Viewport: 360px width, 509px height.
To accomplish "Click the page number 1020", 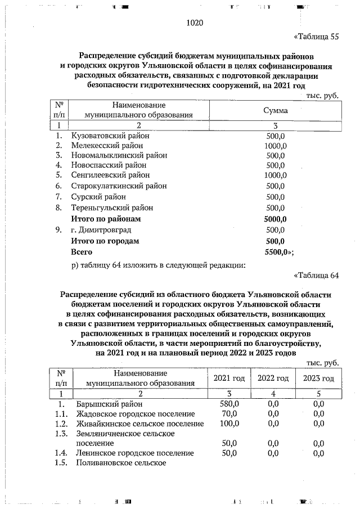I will pyautogui.click(x=193, y=23).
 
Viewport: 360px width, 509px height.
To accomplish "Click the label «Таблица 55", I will pyautogui.click(x=317, y=38).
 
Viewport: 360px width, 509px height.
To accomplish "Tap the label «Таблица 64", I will pyautogui.click(x=317, y=276).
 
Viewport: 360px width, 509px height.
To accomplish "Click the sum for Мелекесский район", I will pyautogui.click(x=276, y=145).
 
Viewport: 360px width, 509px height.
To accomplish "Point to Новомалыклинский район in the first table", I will pyautogui.click(x=119, y=155).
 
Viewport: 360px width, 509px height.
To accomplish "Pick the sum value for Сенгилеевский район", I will pyautogui.click(x=276, y=175).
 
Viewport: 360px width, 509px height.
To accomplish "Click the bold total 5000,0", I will pyautogui.click(x=276, y=219).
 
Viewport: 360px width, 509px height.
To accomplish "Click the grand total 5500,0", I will pyautogui.click(x=278, y=252).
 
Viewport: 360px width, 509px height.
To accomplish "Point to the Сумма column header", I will pyautogui.click(x=276, y=110).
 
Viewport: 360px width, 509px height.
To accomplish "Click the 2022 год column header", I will pyautogui.click(x=273, y=378).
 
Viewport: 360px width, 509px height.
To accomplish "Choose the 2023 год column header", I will pyautogui.click(x=318, y=378).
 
